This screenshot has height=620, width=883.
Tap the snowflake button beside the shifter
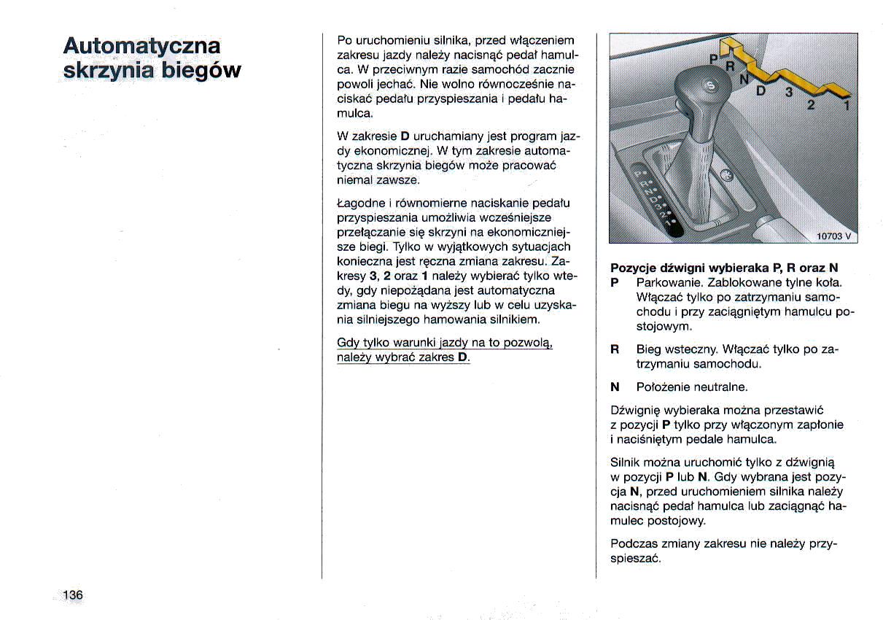[x=725, y=175]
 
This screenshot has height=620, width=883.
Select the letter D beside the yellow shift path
[x=761, y=90]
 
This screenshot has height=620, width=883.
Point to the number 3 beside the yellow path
[x=787, y=93]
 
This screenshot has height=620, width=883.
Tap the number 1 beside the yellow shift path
[x=846, y=106]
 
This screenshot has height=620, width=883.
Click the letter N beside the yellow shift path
[x=744, y=79]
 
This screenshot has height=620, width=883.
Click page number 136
[x=73, y=595]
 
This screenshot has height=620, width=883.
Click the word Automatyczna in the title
[x=141, y=45]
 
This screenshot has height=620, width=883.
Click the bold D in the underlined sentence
[x=462, y=357]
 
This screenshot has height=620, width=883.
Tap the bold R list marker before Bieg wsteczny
[x=615, y=350]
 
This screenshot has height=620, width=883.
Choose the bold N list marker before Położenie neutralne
[x=615, y=387]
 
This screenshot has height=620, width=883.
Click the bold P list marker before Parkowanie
[x=614, y=282]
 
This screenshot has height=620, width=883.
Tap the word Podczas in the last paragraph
[x=634, y=544]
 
